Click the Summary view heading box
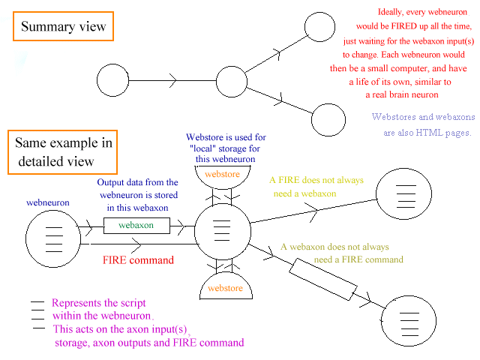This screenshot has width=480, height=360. (x=64, y=27)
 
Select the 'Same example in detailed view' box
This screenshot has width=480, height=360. (x=62, y=152)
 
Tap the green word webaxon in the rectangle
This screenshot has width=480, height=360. (x=136, y=225)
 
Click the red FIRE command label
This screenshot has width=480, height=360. (x=138, y=260)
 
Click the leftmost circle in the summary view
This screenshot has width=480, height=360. (x=113, y=79)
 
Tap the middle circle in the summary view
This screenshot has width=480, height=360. (x=231, y=79)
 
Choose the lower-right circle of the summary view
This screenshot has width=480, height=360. (x=328, y=120)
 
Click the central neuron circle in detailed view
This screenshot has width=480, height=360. (x=223, y=229)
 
